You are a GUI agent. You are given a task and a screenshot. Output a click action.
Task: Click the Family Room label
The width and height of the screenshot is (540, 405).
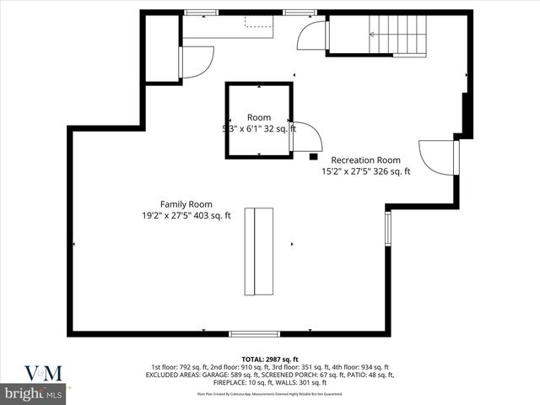186,204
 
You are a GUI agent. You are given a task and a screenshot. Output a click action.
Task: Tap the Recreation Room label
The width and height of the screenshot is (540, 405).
365,159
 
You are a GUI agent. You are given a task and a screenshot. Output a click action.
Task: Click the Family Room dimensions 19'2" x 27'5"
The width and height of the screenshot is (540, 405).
186,216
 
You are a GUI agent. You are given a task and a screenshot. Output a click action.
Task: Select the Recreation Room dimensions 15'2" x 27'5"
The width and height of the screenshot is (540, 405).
365,171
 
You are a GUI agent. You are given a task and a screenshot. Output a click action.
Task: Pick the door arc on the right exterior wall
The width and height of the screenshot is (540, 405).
438,158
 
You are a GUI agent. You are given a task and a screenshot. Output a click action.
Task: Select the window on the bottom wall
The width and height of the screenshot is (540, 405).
255,334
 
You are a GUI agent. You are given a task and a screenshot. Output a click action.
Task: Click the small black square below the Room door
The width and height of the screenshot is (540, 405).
313,156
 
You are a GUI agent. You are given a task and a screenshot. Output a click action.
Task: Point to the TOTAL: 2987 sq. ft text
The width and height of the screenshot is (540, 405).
269,359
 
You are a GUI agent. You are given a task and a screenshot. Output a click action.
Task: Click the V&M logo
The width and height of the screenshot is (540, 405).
36,372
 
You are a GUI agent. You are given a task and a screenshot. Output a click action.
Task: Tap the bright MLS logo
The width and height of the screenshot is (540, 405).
35,394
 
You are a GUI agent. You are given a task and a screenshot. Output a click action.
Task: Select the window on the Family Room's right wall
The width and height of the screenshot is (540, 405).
387,227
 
